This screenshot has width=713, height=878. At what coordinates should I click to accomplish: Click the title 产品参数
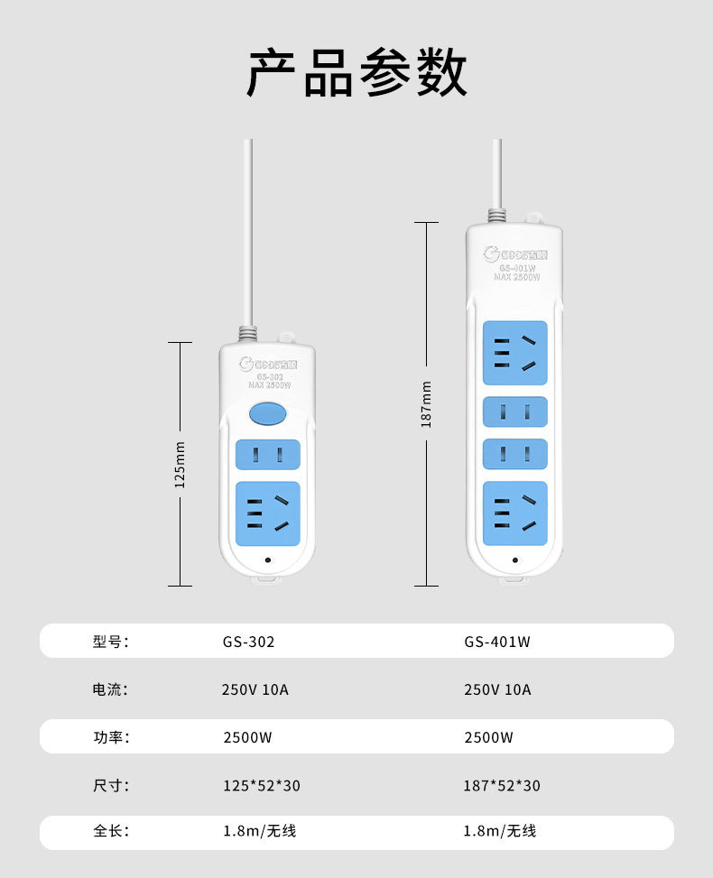click(356, 73)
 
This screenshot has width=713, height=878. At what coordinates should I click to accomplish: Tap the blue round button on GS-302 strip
click(266, 414)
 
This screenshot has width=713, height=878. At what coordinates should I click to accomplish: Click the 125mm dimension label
click(180, 465)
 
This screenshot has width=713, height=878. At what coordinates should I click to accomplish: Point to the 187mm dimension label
click(426, 403)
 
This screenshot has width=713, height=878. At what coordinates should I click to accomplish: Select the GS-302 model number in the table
click(248, 642)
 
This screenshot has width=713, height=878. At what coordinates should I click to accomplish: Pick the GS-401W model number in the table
click(497, 642)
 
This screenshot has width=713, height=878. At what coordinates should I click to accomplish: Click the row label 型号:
click(111, 642)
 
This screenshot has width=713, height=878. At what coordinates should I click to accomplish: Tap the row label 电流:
click(111, 690)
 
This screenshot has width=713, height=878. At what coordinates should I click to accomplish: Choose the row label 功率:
click(111, 737)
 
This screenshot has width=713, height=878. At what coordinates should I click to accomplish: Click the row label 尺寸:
click(111, 785)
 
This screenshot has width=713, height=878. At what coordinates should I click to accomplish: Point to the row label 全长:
click(111, 831)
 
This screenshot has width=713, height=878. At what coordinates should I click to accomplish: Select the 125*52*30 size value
click(262, 786)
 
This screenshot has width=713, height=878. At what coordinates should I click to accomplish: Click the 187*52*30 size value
click(502, 786)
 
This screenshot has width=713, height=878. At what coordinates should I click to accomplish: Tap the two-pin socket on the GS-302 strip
click(266, 455)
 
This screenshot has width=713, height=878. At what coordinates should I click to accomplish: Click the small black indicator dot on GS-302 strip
click(267, 560)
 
